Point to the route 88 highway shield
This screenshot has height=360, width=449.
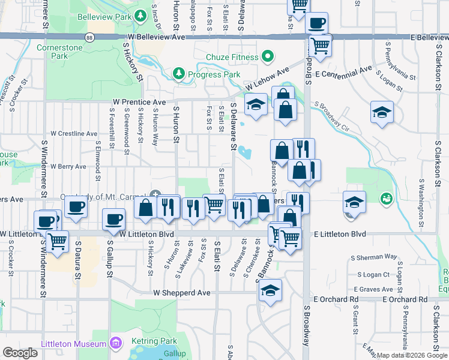[x=89, y=37]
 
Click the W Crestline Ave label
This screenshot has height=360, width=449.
[x=74, y=133]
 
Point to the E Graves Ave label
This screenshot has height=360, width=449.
[x=377, y=289]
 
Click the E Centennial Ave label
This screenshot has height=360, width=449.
[x=348, y=72]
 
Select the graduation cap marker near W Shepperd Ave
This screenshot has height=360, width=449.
[x=271, y=290]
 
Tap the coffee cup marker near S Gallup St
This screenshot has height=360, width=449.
[x=113, y=220]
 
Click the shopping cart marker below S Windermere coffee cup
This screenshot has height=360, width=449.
[x=57, y=242]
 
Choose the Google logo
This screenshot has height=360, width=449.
[x=19, y=353]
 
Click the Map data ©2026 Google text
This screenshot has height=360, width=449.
[x=412, y=355]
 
